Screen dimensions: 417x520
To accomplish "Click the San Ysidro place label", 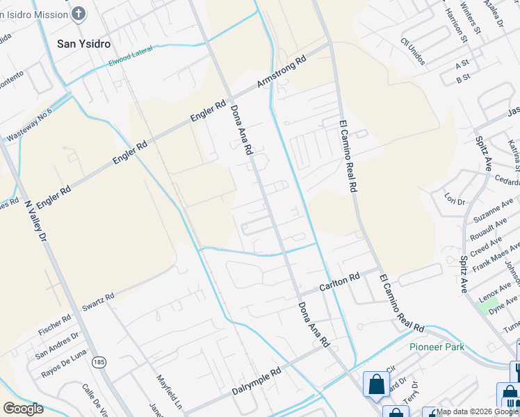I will tap(83, 43).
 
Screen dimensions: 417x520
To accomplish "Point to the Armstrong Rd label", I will tap(282, 72).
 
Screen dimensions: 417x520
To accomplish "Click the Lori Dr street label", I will tap(455, 201).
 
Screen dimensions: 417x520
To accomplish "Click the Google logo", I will tap(24, 409).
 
